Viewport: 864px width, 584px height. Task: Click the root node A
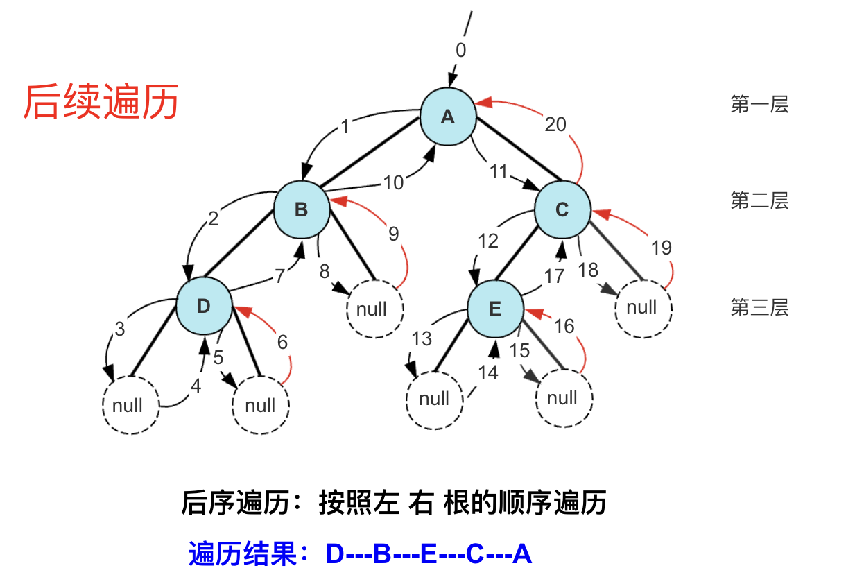coord(448,117)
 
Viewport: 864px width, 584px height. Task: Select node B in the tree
coord(301,209)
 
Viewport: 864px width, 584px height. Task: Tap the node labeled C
coord(562,209)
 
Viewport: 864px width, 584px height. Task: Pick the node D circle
coord(203,306)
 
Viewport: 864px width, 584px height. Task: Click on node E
coord(495,308)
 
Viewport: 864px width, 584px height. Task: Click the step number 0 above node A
coord(461,50)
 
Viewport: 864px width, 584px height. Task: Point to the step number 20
coord(555,124)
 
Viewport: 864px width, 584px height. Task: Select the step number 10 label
coord(393,182)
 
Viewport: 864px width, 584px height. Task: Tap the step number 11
coord(499,171)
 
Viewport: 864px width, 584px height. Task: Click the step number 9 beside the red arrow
coord(393,234)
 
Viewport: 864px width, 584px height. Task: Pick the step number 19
coord(662,247)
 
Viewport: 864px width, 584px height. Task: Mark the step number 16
coord(564,325)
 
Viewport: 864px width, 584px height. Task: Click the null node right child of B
coord(372,309)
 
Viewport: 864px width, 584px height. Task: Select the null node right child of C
coord(642,307)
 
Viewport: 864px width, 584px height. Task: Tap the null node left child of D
coord(128,405)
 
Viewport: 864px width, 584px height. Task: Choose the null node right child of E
coord(562,398)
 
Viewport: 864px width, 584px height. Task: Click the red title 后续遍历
coord(101,102)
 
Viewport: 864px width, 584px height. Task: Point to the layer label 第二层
coord(759,201)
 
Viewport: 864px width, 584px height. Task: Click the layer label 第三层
coord(759,307)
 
